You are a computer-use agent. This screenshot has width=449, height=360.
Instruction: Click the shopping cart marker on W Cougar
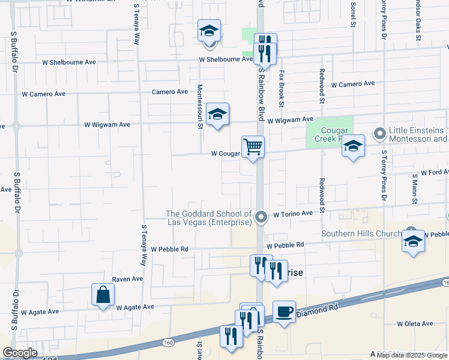click(253, 146)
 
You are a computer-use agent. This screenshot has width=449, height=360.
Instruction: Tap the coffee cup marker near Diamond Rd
click(284, 312)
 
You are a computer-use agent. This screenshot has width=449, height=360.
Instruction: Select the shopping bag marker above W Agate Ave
click(103, 295)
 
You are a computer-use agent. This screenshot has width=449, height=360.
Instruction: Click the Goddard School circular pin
click(261, 217)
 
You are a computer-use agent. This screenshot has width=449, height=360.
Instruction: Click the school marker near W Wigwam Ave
click(217, 114)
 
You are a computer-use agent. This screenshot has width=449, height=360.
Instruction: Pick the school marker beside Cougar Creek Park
click(353, 146)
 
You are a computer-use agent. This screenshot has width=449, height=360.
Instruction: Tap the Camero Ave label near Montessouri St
click(170, 92)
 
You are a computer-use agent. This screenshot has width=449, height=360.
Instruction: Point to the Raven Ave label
click(127, 279)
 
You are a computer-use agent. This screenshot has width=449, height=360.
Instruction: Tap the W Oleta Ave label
click(412, 324)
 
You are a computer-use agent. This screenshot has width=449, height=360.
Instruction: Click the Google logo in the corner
click(20, 353)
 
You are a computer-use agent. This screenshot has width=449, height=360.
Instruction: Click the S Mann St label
click(414, 185)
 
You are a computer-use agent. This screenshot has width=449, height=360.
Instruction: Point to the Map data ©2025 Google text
click(412, 355)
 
